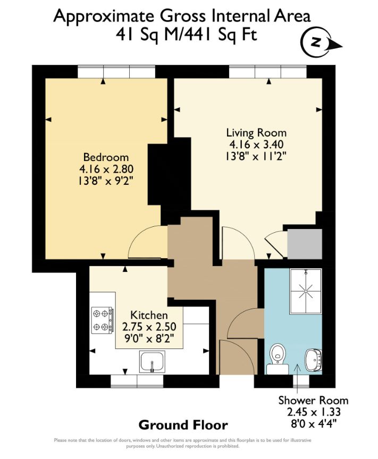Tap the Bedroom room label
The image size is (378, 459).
[x=106, y=157]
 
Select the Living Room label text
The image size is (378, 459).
[x=256, y=133]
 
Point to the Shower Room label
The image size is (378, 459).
[x=313, y=401]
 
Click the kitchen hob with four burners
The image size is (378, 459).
[x=102, y=321]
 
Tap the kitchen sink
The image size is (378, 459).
[x=153, y=362]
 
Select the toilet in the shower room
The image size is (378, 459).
[x=277, y=355]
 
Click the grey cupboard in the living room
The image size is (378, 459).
[x=304, y=244]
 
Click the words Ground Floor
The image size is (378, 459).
[x=183, y=425]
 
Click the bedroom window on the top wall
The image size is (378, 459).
[x=116, y=71]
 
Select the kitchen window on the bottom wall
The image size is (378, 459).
[x=137, y=381]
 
